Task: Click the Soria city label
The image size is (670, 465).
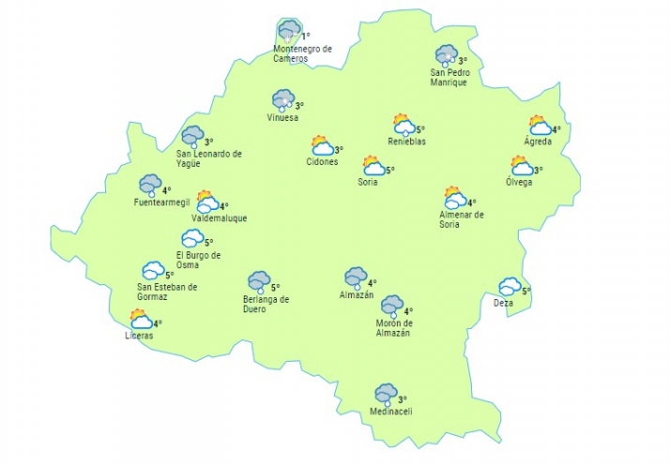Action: coord(368,182)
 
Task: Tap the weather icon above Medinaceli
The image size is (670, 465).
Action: coord(386,394)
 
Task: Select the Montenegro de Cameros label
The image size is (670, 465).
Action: coord(302,53)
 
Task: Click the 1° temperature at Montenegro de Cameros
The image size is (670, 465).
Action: coord(306,37)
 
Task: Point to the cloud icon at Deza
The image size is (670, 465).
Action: coord(510,286)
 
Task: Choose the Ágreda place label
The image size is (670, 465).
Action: coord(538,142)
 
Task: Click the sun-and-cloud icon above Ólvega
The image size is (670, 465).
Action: coord(521,167)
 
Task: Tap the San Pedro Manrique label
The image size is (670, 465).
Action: coord(449,77)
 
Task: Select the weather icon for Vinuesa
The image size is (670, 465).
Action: coord(282,99)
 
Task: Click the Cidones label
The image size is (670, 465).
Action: coord(322,161)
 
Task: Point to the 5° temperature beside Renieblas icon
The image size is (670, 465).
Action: coord(420,129)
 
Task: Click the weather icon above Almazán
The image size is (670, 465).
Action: coord(355,277)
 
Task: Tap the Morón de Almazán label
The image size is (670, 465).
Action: coord(394,328)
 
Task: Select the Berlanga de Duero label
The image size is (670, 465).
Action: coord(266,304)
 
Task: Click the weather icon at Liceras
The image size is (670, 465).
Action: coord(141,320)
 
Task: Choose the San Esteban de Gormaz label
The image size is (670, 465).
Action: coord(167,292)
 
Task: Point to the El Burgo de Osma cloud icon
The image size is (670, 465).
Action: coord(192,239)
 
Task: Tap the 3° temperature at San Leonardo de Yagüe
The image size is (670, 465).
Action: coord(209,142)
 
